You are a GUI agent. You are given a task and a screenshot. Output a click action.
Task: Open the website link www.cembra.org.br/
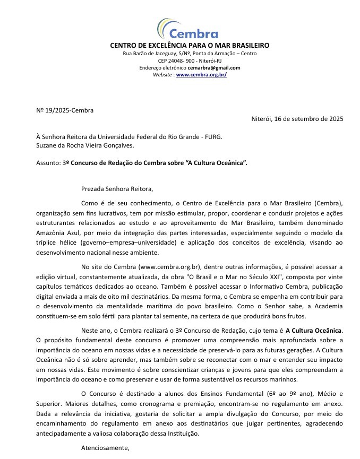pyautogui.click(x=201, y=75)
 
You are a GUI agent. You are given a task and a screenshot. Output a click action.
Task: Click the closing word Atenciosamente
pyautogui.click(x=105, y=448)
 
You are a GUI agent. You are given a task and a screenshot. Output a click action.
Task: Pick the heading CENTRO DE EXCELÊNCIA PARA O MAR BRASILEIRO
pyautogui.click(x=190, y=46)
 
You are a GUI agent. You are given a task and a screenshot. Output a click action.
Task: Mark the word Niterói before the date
pyautogui.click(x=262, y=119)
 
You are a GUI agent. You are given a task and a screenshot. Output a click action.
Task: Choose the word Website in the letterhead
pyautogui.click(x=163, y=75)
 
